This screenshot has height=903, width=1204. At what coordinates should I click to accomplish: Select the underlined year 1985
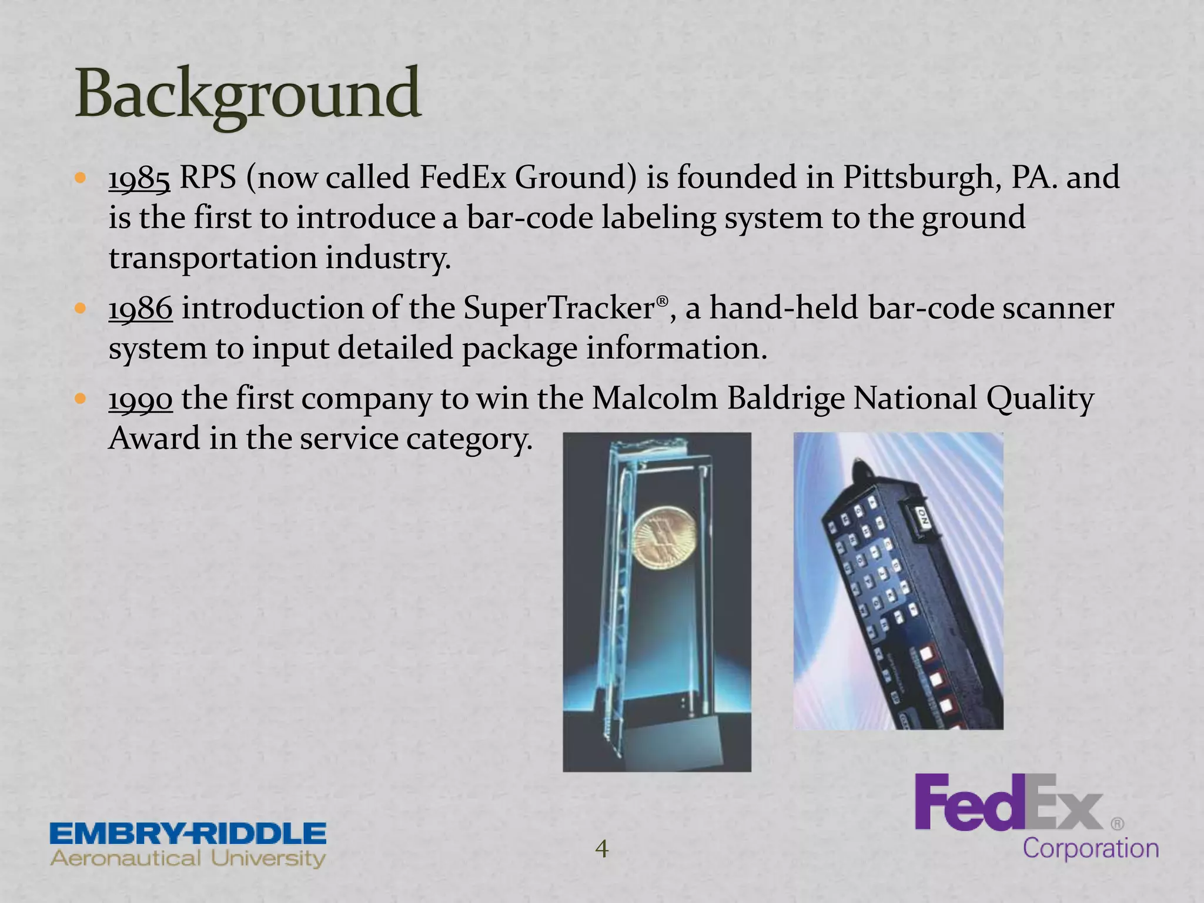[x=139, y=178]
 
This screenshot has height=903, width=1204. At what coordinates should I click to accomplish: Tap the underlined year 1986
[x=141, y=309]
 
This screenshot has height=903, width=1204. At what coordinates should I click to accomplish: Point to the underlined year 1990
[x=141, y=399]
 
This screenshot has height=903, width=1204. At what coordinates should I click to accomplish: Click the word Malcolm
[x=654, y=399]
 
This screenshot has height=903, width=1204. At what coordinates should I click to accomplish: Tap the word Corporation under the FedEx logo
[x=1091, y=849]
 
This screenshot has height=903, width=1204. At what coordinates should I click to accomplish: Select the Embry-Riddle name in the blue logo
[x=188, y=834]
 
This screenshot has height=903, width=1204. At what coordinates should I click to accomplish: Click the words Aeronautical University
[x=188, y=858]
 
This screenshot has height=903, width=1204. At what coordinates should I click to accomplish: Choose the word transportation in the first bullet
[x=212, y=258]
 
